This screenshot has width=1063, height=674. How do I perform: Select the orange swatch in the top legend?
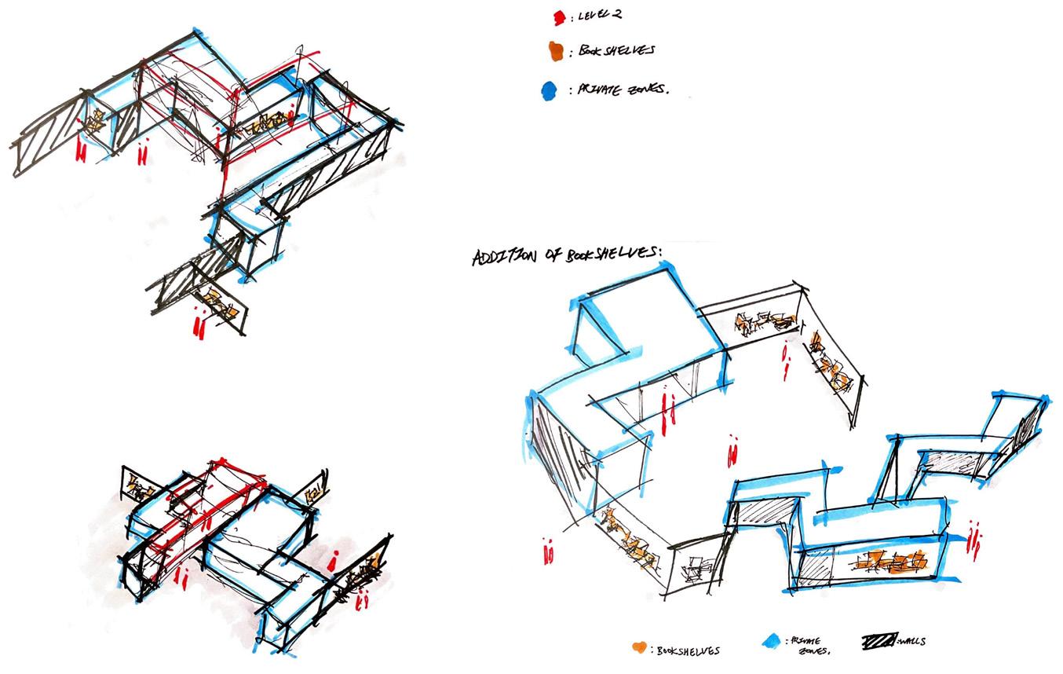[x=555, y=51]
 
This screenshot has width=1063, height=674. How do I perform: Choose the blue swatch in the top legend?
[x=548, y=90]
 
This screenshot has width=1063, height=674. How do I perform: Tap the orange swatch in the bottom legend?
[x=640, y=648]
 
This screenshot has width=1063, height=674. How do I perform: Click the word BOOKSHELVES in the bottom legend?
[x=688, y=650]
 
